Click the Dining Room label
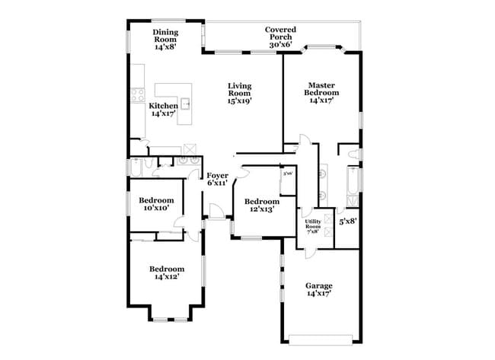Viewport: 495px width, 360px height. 164,39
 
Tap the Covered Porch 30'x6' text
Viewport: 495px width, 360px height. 280,37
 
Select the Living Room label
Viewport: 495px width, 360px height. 239,93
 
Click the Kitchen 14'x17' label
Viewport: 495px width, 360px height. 163,110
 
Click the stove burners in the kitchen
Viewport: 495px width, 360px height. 138,95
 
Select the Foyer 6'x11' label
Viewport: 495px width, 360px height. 218,178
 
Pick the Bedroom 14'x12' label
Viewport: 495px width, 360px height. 166,272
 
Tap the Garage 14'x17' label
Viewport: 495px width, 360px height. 319,289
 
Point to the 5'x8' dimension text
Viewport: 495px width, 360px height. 348,221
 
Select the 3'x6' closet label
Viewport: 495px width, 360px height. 287,174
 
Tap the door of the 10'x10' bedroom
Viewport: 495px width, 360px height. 180,222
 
